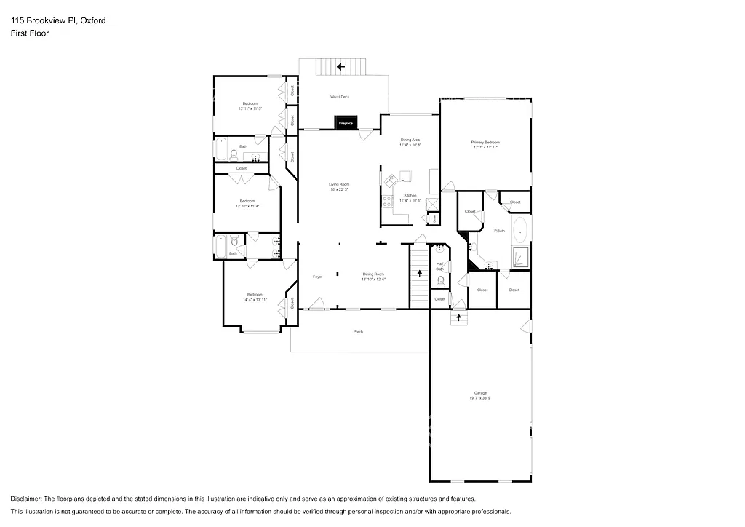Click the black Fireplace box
coord(346,123)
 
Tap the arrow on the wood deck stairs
coord(340,67)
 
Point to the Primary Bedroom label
coord(485,143)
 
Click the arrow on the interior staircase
coord(419,274)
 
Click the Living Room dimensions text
coord(339,190)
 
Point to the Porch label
coord(358,332)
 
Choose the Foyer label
coord(318,277)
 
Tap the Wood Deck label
coord(340,96)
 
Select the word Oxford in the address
coord(92,20)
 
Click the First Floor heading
coord(30,33)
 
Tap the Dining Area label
coord(410,139)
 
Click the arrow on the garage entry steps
coord(458,317)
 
